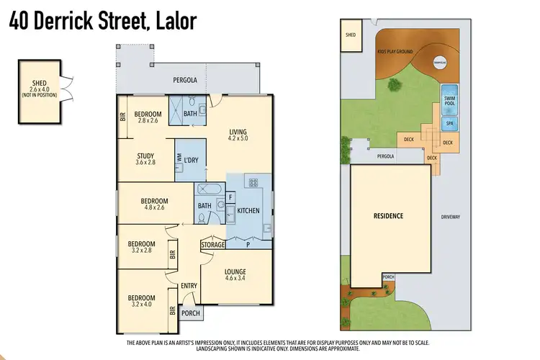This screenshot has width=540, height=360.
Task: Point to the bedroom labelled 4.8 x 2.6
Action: pyautogui.click(x=154, y=204)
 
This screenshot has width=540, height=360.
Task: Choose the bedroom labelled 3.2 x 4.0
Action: pyautogui.click(x=142, y=302)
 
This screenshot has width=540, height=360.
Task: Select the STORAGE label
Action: pyautogui.click(x=213, y=245)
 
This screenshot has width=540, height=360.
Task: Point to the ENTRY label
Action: pyautogui.click(x=189, y=286)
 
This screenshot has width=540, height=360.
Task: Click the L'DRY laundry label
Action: pyautogui.click(x=191, y=159)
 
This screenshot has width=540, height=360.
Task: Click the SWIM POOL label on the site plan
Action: pyautogui.click(x=449, y=101)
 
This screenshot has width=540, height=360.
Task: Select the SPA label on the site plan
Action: pyautogui.click(x=449, y=124)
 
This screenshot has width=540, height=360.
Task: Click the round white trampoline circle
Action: pyautogui.click(x=440, y=62)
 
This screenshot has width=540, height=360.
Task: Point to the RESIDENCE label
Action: pyautogui.click(x=388, y=216)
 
